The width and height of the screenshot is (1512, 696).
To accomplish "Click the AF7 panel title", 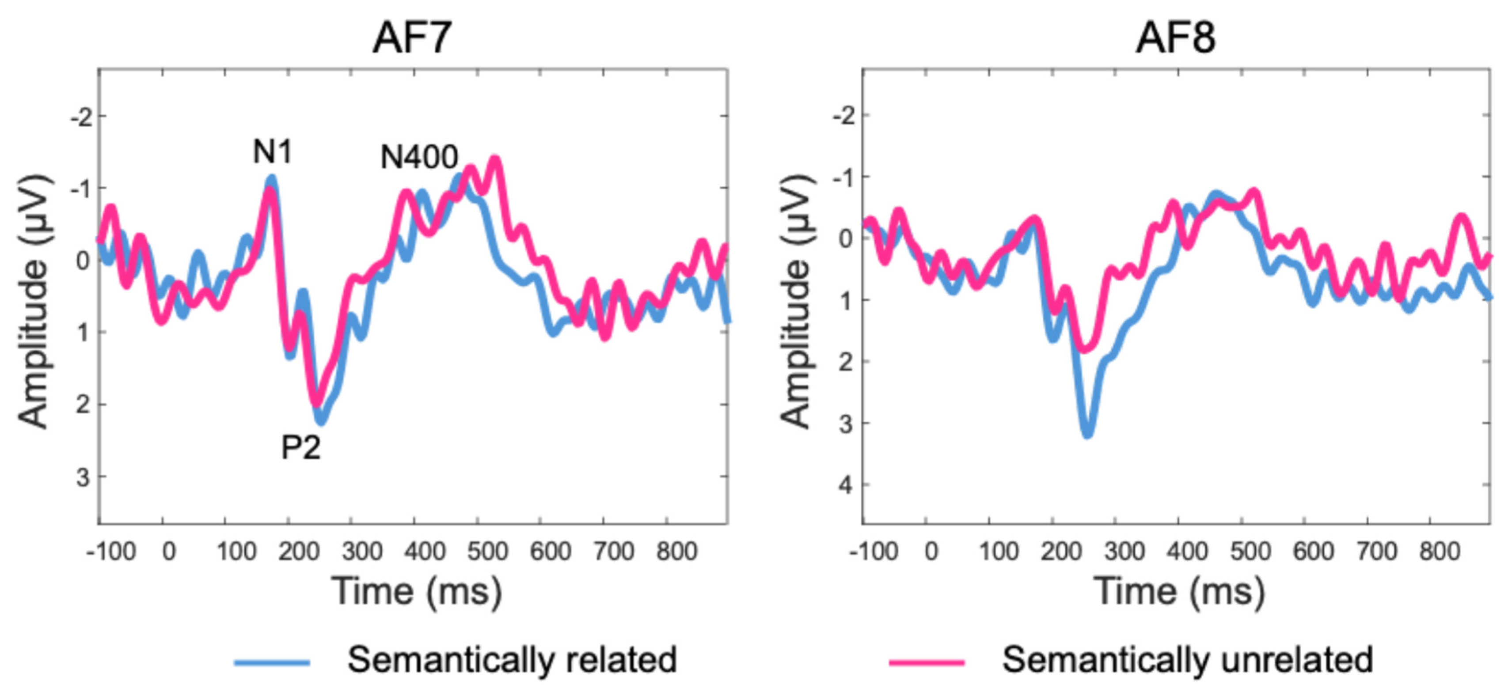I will tap(412, 38).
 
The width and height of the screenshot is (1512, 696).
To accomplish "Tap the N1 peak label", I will tap(272, 152).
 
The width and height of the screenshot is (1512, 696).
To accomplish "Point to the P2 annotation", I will tap(301, 448).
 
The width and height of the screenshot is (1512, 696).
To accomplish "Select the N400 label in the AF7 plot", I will tap(419, 157).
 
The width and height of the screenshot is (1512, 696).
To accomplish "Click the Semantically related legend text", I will tap(512, 660).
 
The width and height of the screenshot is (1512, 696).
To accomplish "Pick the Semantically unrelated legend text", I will tap(1187, 660).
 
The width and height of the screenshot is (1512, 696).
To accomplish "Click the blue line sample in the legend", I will tap(272, 662).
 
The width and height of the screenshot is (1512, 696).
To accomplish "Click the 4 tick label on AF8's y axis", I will tap(845, 485).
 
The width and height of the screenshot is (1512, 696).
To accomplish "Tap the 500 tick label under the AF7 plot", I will tap(487, 552).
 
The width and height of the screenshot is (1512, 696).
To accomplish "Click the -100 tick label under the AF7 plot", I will tap(111, 552).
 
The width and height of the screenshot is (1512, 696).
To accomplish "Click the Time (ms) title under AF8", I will tap(1178, 591).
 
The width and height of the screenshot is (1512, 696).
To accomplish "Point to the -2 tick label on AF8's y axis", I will tap(843, 116).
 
